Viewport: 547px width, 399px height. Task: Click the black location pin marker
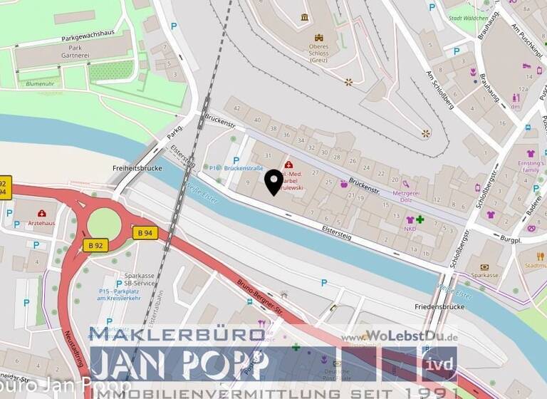[273, 182]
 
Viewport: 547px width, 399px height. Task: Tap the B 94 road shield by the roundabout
[145, 233]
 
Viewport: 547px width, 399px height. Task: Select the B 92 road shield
[95, 245]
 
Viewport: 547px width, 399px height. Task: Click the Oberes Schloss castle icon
[319, 37]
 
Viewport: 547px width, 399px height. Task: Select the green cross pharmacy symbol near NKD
[420, 219]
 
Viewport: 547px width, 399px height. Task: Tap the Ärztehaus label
[41, 222]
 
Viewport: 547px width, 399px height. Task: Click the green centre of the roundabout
[104, 223]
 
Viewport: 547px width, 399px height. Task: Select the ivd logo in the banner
[439, 363]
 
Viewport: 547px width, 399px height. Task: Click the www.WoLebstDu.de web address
[398, 337]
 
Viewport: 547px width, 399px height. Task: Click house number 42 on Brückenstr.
[237, 108]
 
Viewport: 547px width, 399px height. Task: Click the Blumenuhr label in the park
[39, 83]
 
